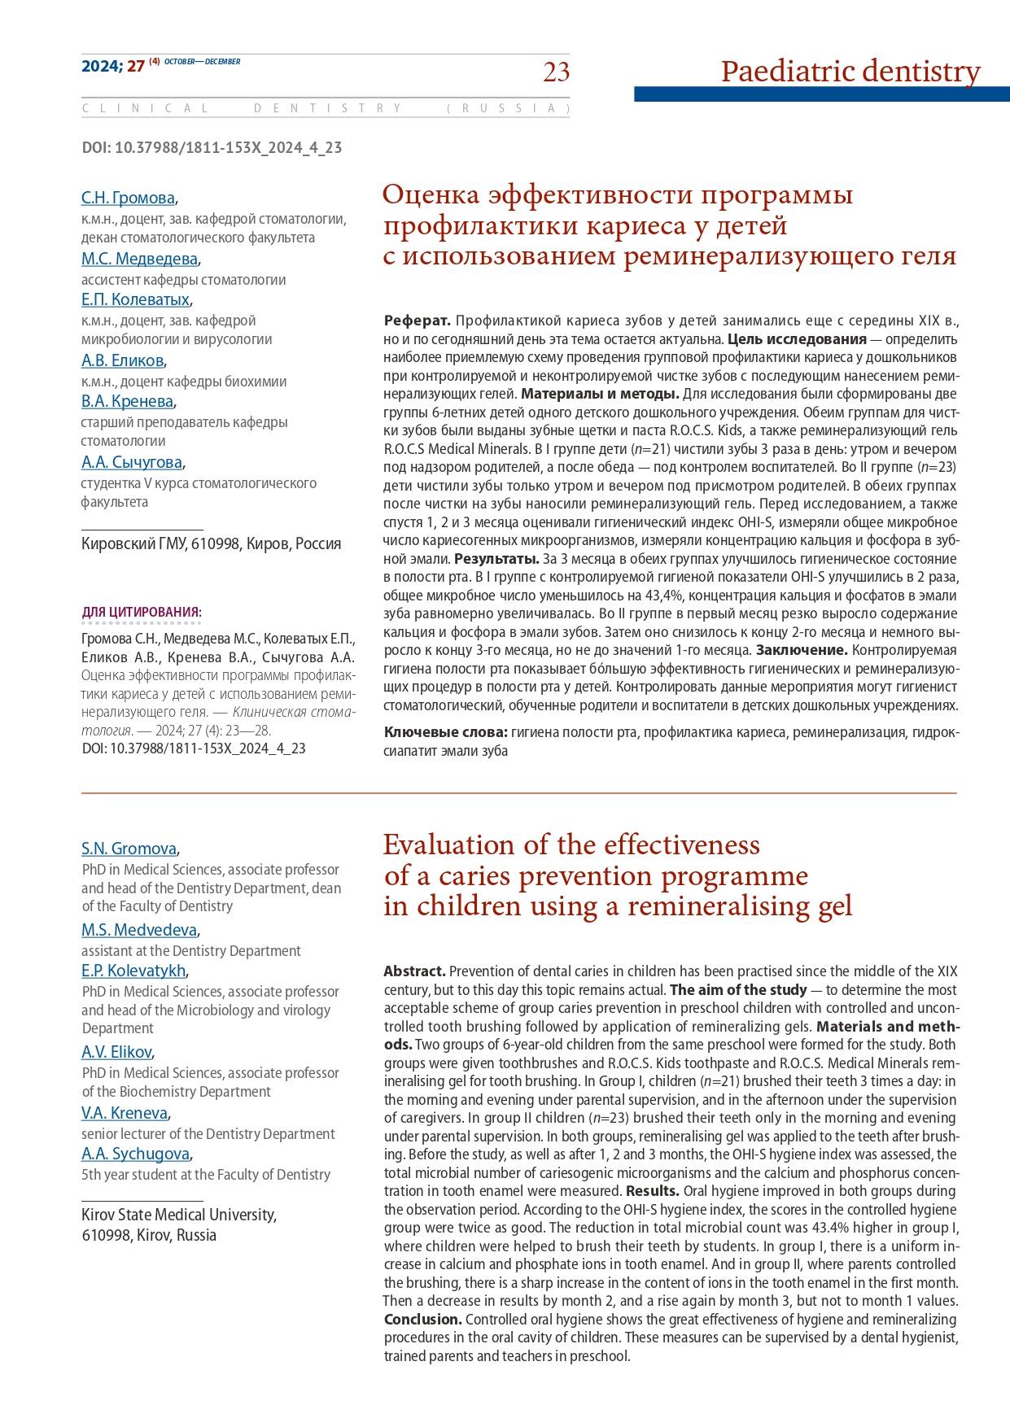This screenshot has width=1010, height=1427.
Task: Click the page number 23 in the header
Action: click(x=557, y=72)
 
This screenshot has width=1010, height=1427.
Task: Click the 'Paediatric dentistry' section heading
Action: click(x=850, y=72)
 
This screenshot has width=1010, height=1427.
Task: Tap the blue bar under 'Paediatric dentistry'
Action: click(x=821, y=94)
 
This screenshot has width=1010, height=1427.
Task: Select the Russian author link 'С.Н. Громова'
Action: click(x=128, y=198)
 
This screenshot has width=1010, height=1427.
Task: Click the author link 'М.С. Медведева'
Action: click(x=139, y=259)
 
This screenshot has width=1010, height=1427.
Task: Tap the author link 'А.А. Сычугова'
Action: click(x=132, y=462)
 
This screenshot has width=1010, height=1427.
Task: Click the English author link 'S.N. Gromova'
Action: click(x=129, y=849)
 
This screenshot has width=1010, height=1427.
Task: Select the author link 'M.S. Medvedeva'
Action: click(x=138, y=930)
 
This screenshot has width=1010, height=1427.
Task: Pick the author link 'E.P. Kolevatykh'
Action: click(x=133, y=971)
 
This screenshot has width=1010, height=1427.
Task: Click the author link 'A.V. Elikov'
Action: click(x=116, y=1052)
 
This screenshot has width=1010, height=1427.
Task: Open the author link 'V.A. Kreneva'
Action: click(x=125, y=1113)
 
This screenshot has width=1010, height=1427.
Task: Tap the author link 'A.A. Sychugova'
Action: click(x=135, y=1154)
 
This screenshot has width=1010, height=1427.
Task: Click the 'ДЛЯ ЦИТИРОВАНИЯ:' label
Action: click(x=142, y=612)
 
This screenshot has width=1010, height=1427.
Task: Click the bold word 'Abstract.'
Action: click(x=414, y=971)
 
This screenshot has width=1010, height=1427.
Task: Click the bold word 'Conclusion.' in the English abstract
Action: click(x=422, y=1319)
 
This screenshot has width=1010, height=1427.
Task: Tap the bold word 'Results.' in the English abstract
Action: click(x=653, y=1191)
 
